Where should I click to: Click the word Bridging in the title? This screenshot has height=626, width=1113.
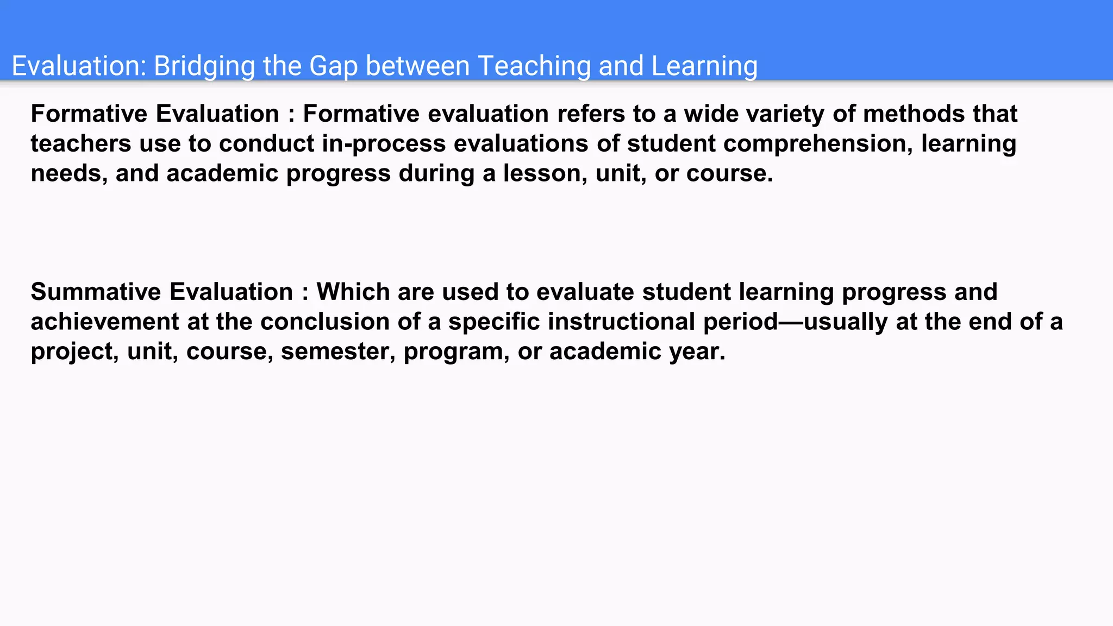point(204,66)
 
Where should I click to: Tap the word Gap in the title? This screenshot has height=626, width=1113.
point(333,66)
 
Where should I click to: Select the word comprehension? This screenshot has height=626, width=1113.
point(818,144)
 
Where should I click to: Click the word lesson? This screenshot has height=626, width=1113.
point(545,174)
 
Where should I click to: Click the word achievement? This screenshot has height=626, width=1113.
point(105,322)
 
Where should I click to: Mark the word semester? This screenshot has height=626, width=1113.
point(338,352)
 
